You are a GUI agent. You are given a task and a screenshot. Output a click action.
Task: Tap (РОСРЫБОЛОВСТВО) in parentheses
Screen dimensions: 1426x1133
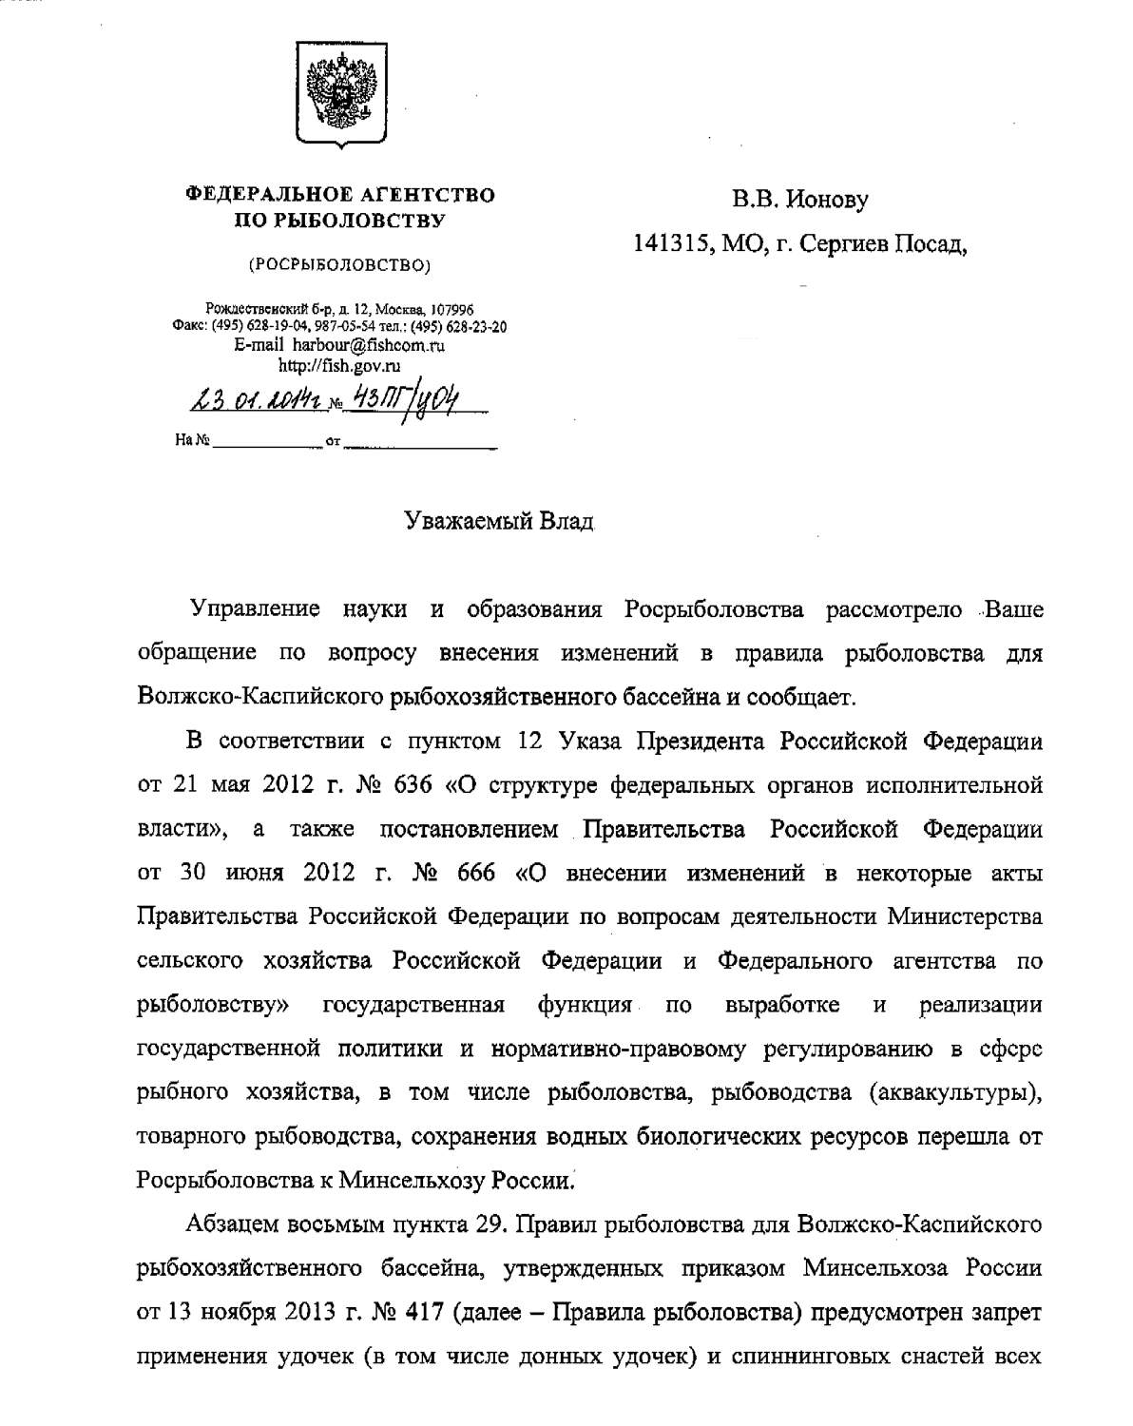pos(339,265)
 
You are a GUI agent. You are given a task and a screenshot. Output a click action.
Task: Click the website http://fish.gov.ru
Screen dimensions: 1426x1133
pos(339,364)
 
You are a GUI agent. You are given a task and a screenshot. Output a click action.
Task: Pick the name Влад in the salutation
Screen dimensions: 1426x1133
pos(567,521)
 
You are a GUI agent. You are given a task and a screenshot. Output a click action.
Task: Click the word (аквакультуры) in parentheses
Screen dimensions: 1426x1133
pos(954,1092)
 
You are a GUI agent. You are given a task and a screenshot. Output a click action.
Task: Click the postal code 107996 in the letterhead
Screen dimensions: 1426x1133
pos(453,310)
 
